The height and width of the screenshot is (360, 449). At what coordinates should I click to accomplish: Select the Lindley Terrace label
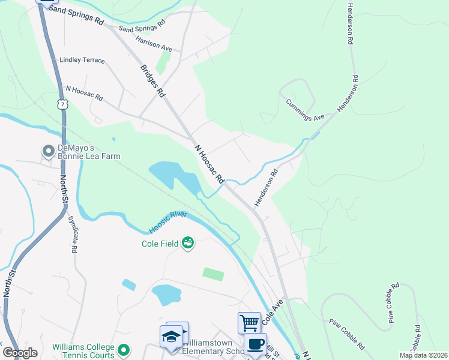tap(83, 61)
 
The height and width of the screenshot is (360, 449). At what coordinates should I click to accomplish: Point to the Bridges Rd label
tap(152, 80)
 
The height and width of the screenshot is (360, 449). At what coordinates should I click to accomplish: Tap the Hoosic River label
tap(168, 221)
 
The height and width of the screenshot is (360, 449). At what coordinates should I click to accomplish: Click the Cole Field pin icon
tap(188, 243)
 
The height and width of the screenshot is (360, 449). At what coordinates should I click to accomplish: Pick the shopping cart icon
tap(249, 323)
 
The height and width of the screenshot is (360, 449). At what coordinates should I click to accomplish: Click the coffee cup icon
tap(255, 344)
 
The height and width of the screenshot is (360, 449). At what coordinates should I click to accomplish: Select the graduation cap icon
tap(171, 337)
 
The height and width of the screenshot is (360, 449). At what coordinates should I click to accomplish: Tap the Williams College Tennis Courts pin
tap(124, 349)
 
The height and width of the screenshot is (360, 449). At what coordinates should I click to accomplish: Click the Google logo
tap(20, 353)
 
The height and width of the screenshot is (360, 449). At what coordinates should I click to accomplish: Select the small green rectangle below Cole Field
tap(213, 274)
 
